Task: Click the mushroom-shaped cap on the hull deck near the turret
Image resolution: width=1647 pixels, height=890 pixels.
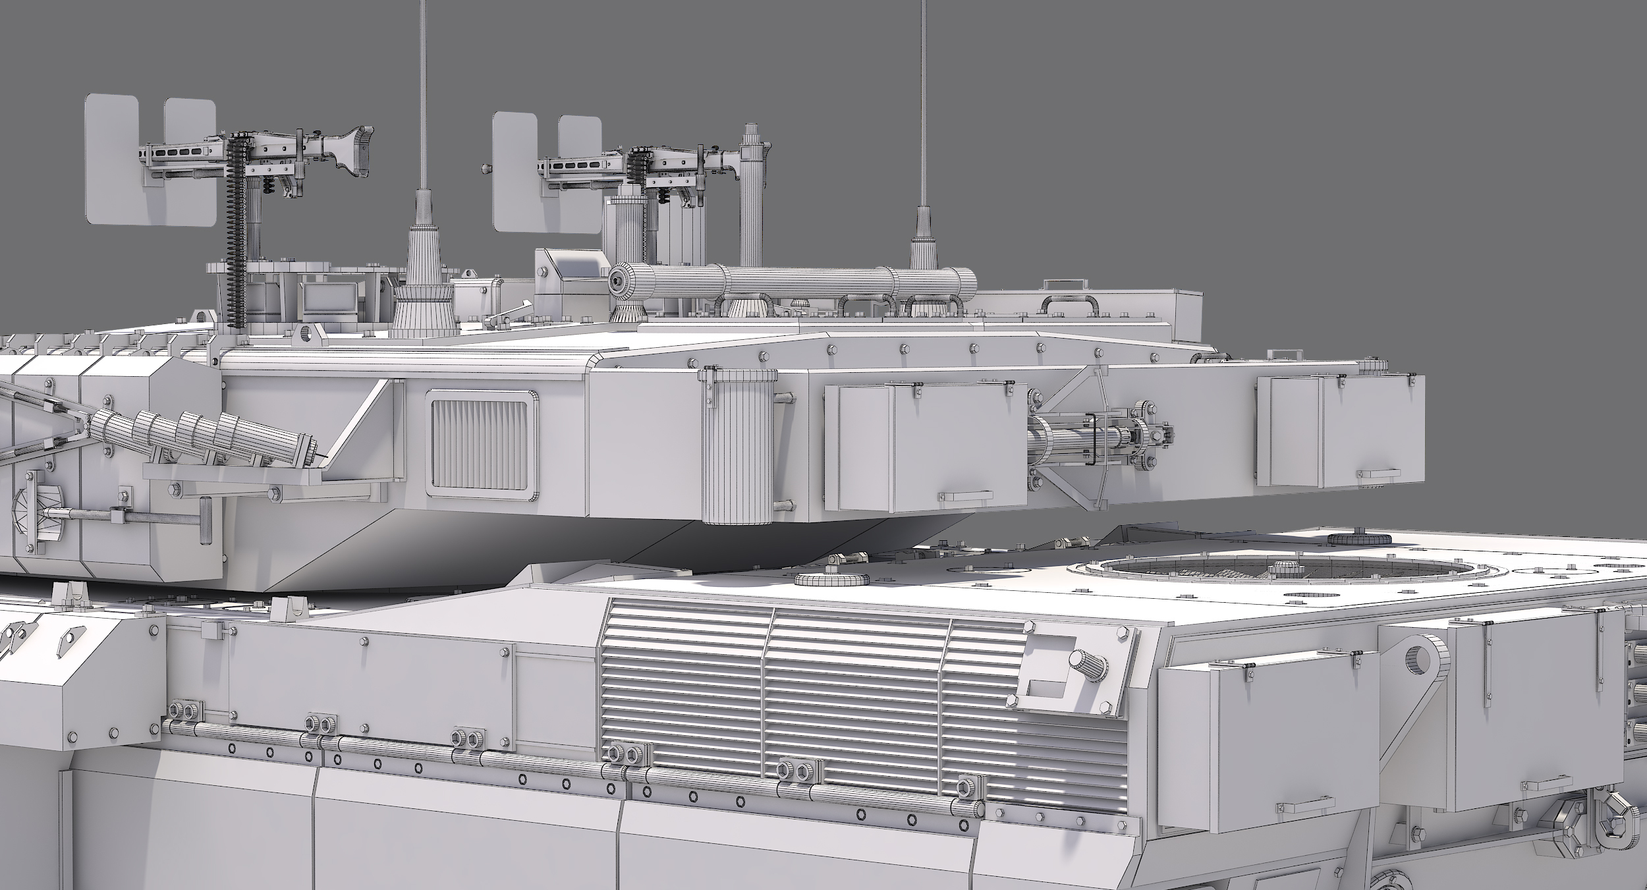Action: coord(817,580)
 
